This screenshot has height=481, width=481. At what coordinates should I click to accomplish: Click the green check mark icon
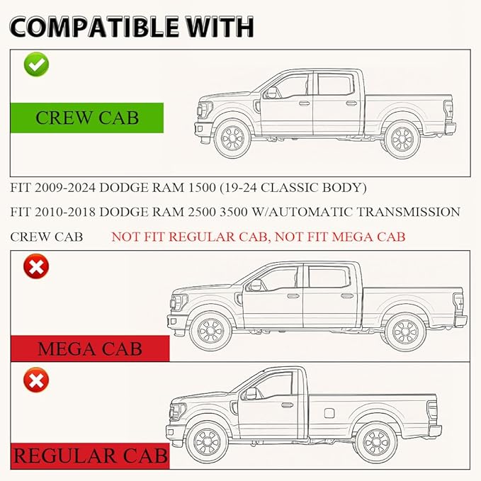tap(36, 64)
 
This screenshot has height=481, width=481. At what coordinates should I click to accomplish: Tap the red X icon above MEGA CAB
tap(36, 266)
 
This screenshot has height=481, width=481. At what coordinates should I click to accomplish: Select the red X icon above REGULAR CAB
tap(36, 380)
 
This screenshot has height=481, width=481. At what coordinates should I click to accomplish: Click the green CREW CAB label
tap(87, 118)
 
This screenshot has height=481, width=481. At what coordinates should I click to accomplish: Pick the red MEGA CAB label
tap(90, 349)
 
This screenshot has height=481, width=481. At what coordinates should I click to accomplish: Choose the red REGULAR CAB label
tap(90, 455)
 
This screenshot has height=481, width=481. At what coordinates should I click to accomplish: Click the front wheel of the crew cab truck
tap(232, 138)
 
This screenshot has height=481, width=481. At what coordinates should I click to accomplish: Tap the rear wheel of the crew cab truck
tap(402, 140)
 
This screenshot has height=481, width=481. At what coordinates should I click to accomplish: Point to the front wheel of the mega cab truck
tap(210, 331)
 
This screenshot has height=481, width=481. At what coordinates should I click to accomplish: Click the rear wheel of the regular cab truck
tap(376, 442)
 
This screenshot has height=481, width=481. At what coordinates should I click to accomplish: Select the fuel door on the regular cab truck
tap(329, 413)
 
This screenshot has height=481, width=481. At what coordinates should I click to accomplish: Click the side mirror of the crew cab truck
tap(272, 93)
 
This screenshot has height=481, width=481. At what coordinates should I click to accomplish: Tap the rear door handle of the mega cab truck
tap(347, 296)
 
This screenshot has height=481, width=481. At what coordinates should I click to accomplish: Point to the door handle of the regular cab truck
tap(287, 405)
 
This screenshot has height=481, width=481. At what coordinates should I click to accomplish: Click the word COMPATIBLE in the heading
tap(94, 27)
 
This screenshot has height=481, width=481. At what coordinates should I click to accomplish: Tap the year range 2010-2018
tap(65, 212)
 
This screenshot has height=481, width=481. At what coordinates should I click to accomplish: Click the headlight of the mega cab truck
tap(179, 302)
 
